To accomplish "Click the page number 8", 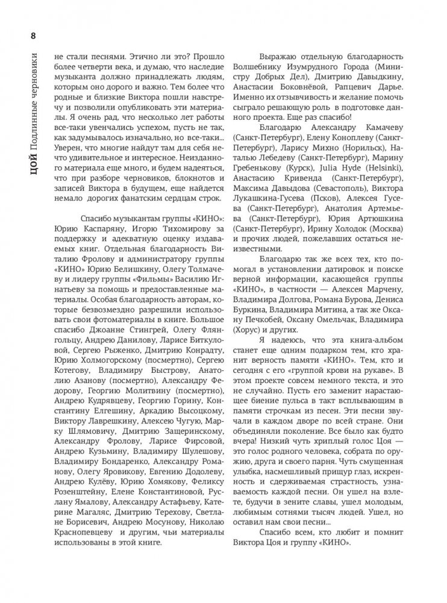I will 31,34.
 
